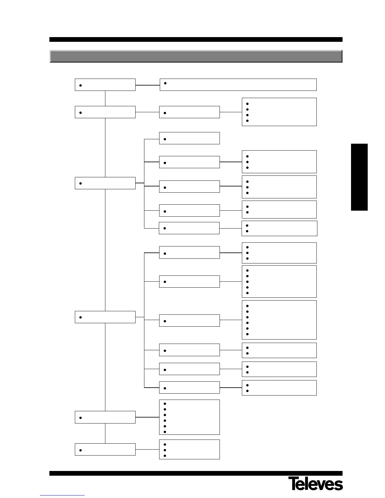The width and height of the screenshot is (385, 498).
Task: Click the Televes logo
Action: click(315, 484)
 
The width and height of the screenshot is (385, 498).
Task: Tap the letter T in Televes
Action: click(293, 484)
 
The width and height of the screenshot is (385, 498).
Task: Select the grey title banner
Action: click(196, 56)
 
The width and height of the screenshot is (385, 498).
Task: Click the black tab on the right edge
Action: click(359, 177)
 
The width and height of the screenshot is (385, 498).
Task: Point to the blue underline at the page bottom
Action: click(62, 495)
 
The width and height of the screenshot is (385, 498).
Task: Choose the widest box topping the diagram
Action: click(238, 85)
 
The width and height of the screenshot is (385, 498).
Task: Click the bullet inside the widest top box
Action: click(165, 83)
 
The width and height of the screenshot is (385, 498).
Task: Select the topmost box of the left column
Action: click(105, 85)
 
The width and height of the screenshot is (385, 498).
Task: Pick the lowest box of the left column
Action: click(105, 449)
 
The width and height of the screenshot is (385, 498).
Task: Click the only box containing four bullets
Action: click(279, 112)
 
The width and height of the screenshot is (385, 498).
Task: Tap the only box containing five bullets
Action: click(279, 281)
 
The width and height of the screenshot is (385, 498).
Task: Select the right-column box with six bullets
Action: click(279, 320)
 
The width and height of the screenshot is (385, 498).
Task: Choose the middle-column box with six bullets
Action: click(189, 417)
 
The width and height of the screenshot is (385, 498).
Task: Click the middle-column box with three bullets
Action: click(189, 449)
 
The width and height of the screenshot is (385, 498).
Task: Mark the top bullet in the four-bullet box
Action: click(248, 103)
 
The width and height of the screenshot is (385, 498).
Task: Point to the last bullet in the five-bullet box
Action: click(248, 293)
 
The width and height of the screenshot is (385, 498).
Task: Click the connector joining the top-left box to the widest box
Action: click(148, 85)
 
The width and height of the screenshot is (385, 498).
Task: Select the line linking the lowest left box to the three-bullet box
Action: click(147, 449)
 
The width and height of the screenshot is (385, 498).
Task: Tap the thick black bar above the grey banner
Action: click(196, 40)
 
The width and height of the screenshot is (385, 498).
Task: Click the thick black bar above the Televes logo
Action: click(196, 473)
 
